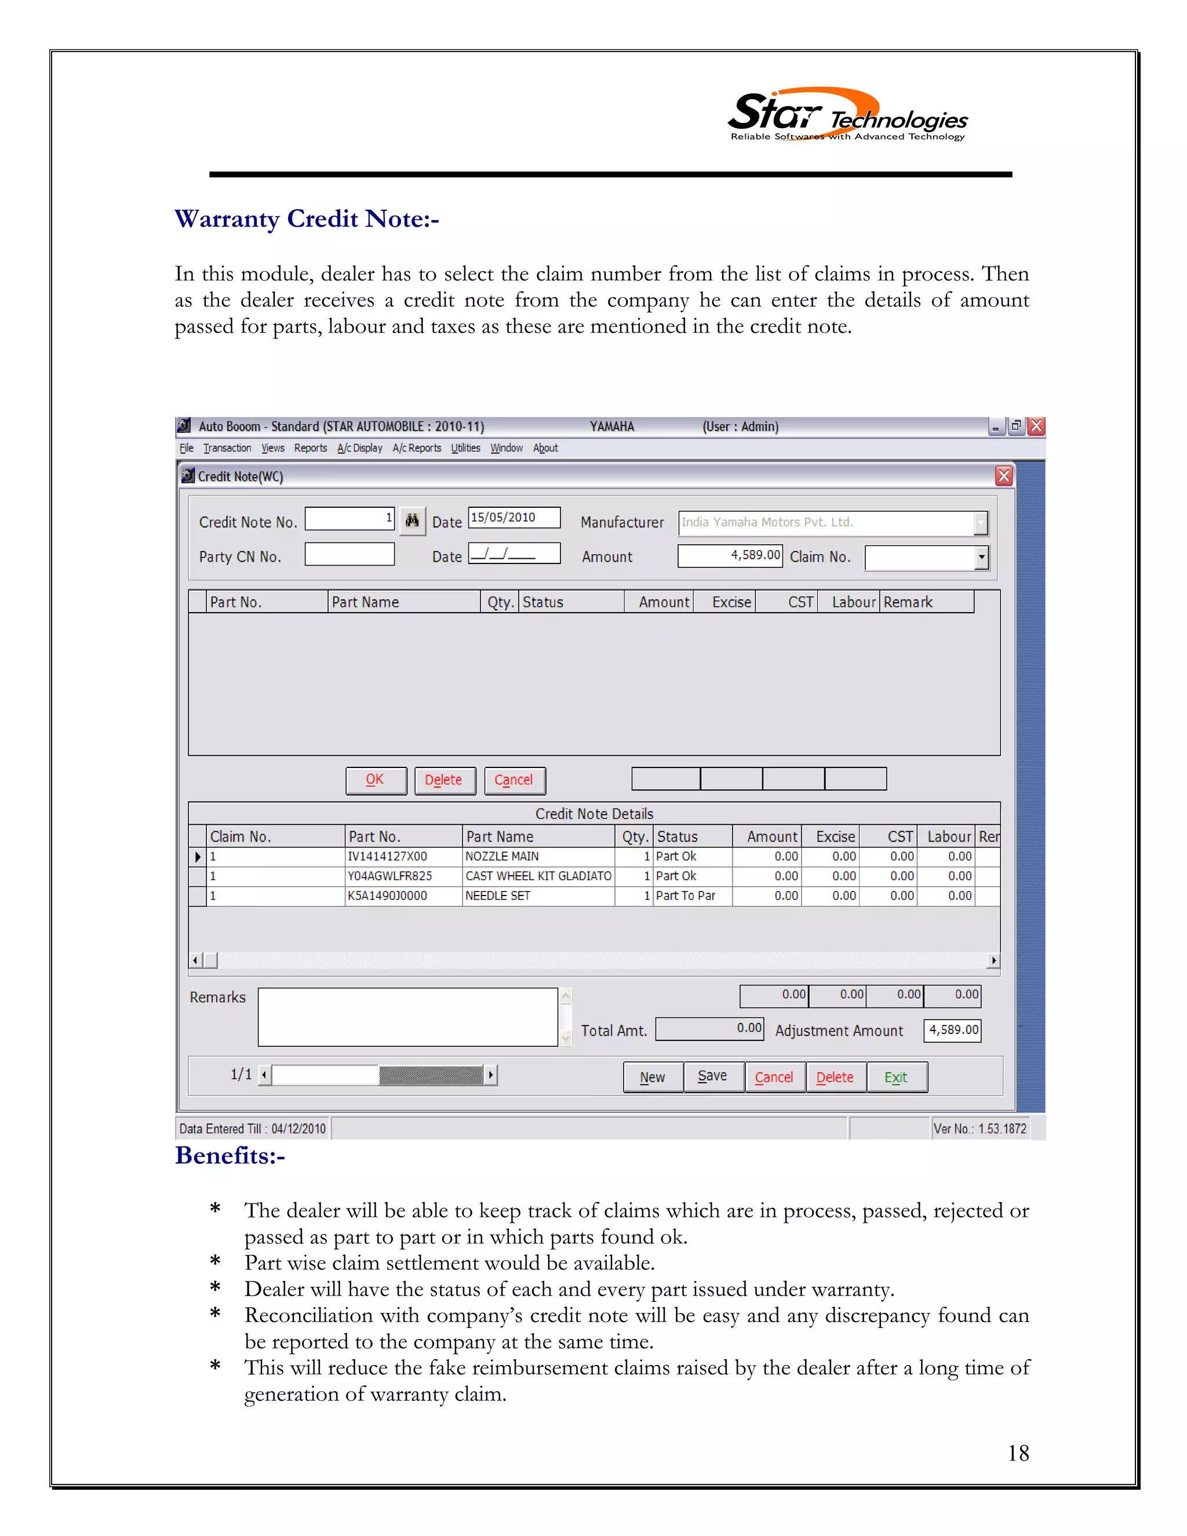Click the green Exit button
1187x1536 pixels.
click(897, 1077)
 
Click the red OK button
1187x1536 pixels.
click(376, 780)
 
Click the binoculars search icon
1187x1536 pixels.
click(412, 521)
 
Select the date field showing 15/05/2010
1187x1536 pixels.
click(514, 518)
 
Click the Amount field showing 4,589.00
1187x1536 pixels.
click(730, 556)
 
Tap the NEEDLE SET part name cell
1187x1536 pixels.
click(537, 896)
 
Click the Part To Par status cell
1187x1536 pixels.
click(692, 896)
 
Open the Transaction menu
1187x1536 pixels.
click(227, 448)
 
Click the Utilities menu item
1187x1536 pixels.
click(465, 448)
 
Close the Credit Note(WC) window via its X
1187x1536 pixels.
click(1003, 476)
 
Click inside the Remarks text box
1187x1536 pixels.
click(408, 1017)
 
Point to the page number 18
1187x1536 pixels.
click(1018, 1453)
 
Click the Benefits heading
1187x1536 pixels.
click(230, 1156)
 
